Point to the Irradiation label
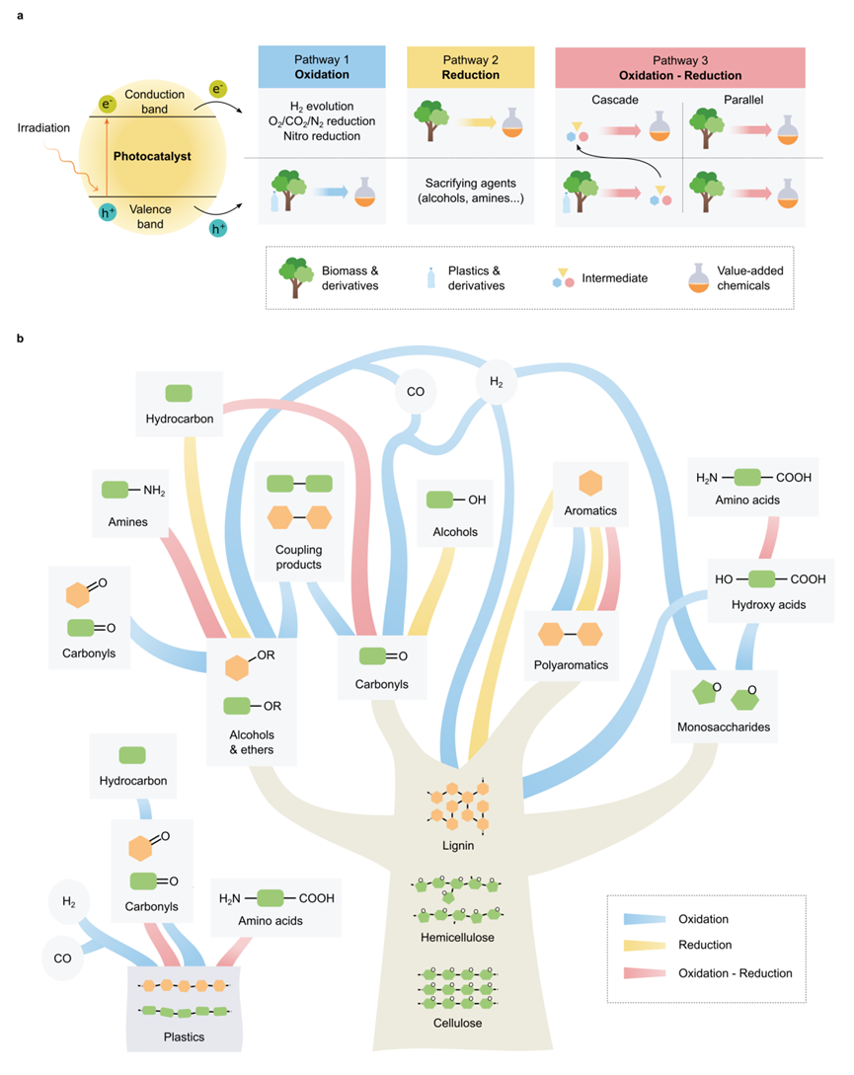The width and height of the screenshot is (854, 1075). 44,127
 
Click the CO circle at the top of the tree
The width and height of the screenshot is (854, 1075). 415,393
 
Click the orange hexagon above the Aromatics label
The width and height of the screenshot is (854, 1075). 590,483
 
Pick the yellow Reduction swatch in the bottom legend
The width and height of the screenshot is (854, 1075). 644,945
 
